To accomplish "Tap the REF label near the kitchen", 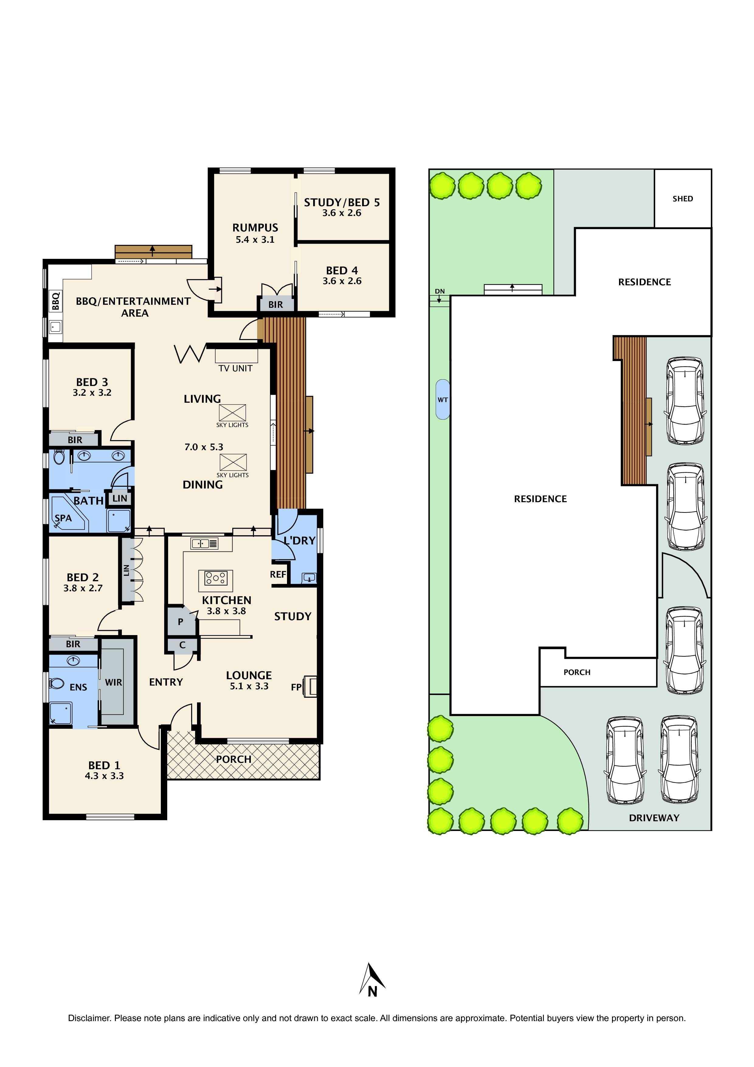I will [278, 574].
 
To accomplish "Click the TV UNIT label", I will [236, 368].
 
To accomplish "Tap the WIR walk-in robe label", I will [113, 682].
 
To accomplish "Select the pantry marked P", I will [181, 621].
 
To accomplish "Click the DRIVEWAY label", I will [654, 818].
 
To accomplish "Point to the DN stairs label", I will [440, 291].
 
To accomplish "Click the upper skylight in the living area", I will [232, 413].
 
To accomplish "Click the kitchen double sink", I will [204, 543].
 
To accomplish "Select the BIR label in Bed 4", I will [275, 304].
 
